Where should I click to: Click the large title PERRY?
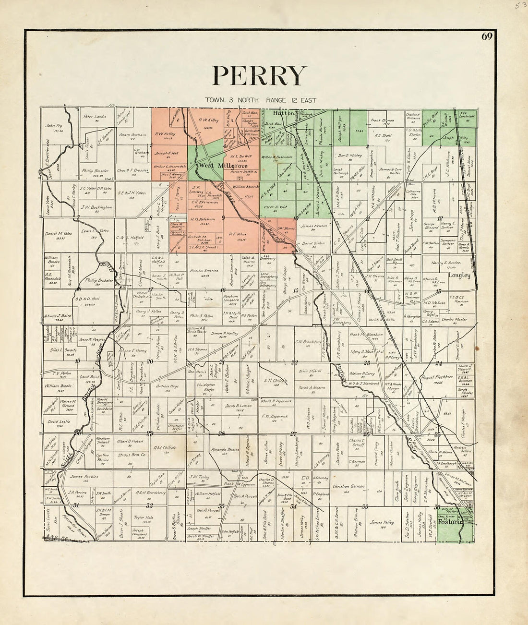[259, 76]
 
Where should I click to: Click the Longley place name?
[459, 276]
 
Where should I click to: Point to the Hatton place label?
[283, 114]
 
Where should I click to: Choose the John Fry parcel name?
[54, 126]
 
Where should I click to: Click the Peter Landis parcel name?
[95, 116]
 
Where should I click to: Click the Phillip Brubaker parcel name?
[99, 280]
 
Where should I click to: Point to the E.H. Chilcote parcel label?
[275, 380]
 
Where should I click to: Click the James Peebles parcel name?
[84, 477]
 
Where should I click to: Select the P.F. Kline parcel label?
[237, 234]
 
